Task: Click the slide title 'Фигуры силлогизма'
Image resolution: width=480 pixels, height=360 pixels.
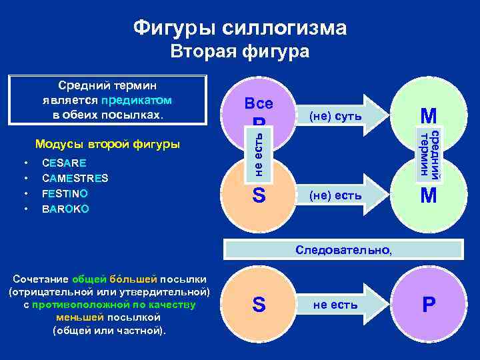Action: [x=240, y=27]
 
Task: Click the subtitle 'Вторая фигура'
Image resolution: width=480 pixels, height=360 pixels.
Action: [x=240, y=52]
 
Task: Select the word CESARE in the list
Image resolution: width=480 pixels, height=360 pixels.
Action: [x=63, y=163]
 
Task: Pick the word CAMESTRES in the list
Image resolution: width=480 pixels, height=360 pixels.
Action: [x=75, y=178]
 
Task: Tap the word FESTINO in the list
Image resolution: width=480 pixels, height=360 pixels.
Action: [x=65, y=193]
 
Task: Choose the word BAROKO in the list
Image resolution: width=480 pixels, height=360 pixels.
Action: [x=65, y=209]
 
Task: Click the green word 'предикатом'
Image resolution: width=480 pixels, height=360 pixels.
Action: [x=137, y=100]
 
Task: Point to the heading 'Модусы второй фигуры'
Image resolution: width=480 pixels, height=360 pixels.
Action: [x=107, y=144]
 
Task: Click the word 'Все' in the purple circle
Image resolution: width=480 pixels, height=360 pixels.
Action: [x=259, y=104]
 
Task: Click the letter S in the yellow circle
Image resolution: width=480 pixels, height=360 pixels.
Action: [x=259, y=196]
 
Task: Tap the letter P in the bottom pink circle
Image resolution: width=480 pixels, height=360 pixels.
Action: [x=429, y=305]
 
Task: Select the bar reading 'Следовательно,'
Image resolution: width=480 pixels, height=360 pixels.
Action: [x=345, y=251]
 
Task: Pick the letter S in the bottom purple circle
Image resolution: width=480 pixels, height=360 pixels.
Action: [x=259, y=305]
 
